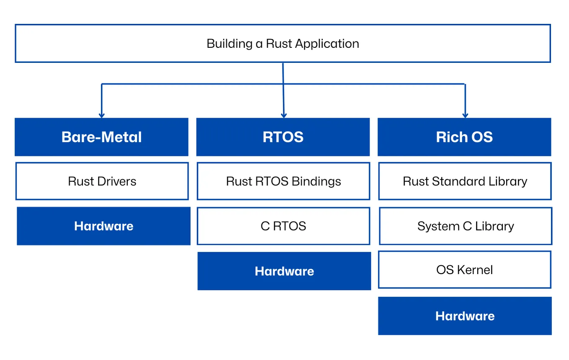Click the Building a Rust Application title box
[x=283, y=44]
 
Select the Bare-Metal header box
[x=101, y=137]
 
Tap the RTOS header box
[x=283, y=137]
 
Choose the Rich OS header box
[x=464, y=137]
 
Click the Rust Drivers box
[x=102, y=181]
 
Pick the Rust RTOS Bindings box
[x=283, y=181]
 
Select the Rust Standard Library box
[x=465, y=181]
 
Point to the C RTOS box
[x=283, y=226]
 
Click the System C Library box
[x=466, y=226]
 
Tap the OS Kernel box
[x=465, y=270]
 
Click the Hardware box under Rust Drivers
[x=103, y=226]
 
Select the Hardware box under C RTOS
[x=284, y=271]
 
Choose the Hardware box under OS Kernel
[x=465, y=316]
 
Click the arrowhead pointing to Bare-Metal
[x=101, y=115]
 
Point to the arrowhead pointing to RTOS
[x=284, y=115]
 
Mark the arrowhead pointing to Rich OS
[x=465, y=115]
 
